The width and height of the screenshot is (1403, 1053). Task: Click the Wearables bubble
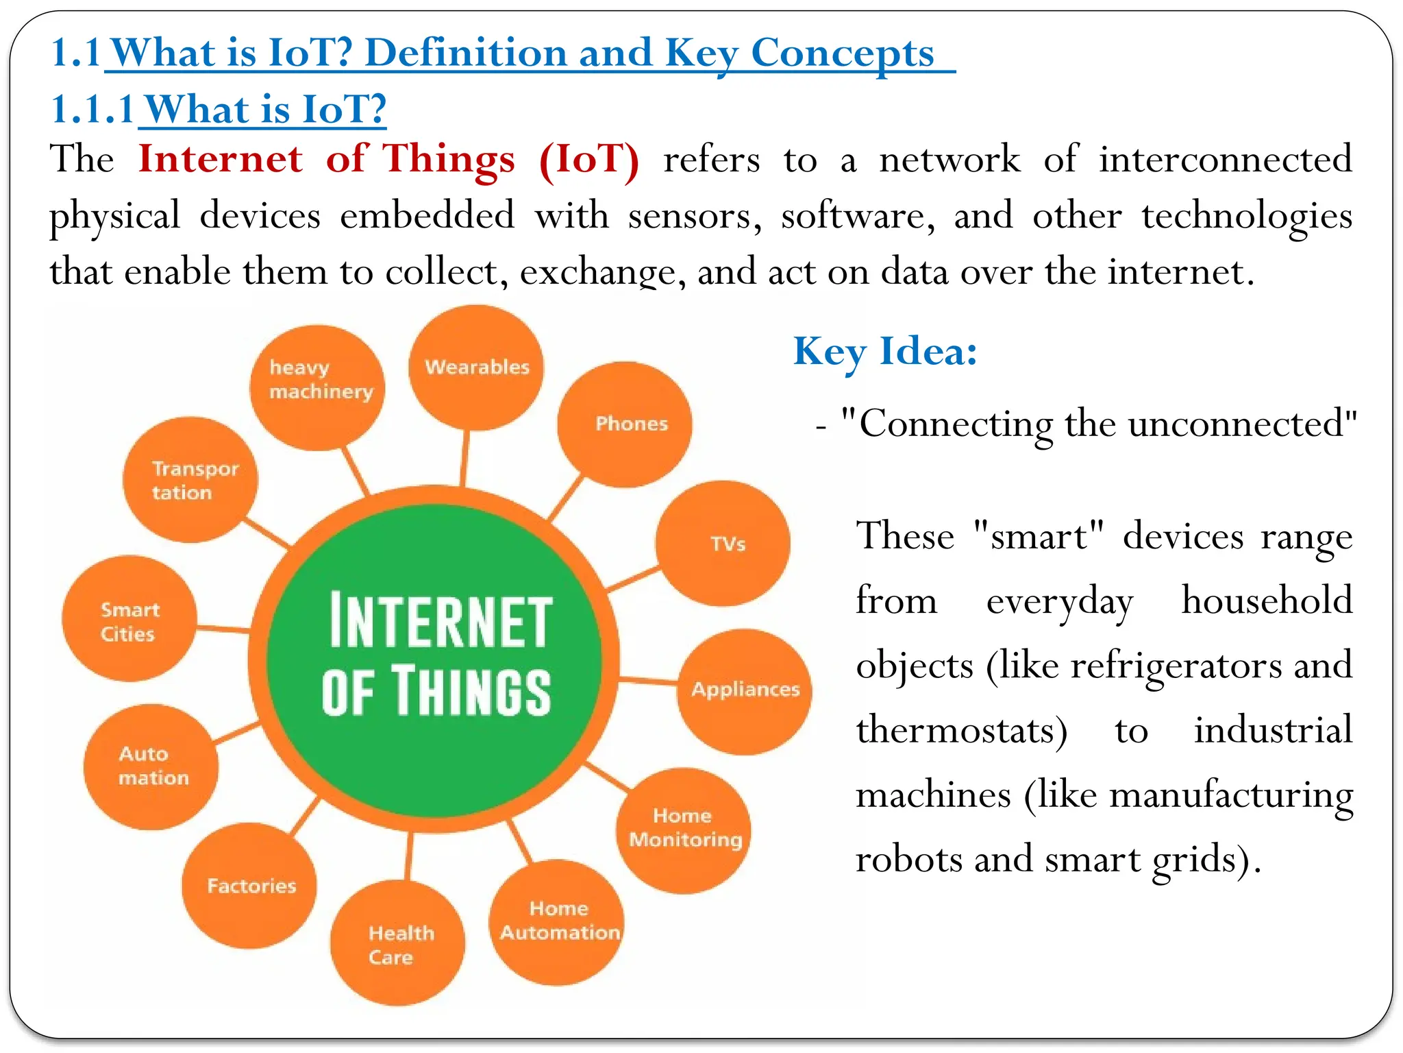point(476,368)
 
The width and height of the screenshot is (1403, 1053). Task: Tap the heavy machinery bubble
point(317,388)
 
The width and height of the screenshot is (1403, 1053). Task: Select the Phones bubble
point(625,424)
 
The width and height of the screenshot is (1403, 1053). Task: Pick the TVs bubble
point(723,544)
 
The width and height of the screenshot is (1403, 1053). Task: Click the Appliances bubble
point(745,690)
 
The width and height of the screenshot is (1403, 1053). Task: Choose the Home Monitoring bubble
point(684,830)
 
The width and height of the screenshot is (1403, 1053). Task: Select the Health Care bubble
point(397,943)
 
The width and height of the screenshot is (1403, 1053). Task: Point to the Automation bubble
point(151,766)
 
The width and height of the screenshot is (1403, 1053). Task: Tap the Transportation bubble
point(190,480)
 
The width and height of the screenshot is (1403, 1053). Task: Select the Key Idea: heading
point(884,352)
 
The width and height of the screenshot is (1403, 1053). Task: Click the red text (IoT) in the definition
point(589,160)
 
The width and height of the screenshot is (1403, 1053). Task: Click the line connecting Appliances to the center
point(648,681)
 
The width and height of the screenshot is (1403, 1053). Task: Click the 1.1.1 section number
point(92,110)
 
